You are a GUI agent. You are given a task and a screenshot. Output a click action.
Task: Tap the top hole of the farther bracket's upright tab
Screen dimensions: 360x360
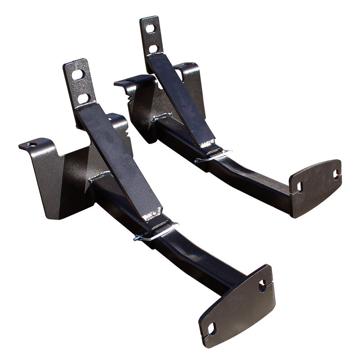coord(150,29)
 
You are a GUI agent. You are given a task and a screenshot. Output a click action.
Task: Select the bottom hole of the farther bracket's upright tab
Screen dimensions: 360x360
coord(154,48)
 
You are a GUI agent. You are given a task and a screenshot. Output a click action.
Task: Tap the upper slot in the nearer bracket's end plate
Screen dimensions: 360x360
coord(262,285)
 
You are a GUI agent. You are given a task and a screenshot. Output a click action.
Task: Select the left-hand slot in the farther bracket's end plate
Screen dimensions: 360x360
coord(299,186)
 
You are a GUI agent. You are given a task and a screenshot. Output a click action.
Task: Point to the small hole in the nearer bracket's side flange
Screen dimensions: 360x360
coord(31,145)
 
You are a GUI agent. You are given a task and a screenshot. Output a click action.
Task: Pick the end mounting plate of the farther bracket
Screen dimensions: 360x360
coord(315,184)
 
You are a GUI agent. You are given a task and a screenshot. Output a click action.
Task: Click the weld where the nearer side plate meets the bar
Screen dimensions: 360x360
coord(100,177)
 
